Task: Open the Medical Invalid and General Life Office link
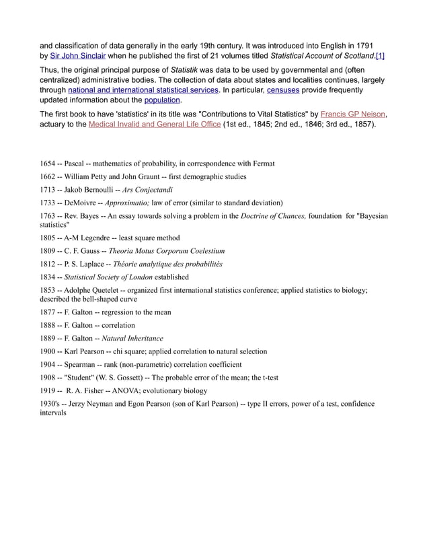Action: tap(154, 125)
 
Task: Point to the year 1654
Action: tap(49, 164)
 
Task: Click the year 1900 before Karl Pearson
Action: tap(49, 351)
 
